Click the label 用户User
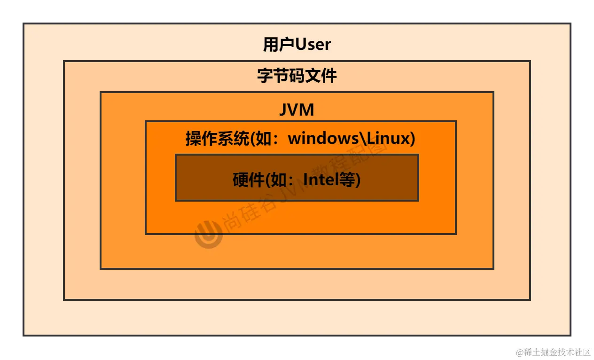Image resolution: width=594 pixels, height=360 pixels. pos(297,45)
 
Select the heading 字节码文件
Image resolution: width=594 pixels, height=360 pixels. pos(297,76)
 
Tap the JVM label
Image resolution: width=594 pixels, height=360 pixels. pos(297,110)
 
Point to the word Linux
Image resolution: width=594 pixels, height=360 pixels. pos(388,139)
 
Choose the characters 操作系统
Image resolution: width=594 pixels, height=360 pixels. pos(217,139)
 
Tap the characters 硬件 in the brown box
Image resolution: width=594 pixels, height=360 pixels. pos(249,180)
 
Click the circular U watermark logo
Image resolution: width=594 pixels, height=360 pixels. pos(208,235)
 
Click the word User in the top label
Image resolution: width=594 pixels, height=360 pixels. pos(313,45)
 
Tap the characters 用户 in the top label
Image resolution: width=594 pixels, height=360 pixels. pos(278,45)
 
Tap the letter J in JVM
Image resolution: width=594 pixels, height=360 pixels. pos(283,110)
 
